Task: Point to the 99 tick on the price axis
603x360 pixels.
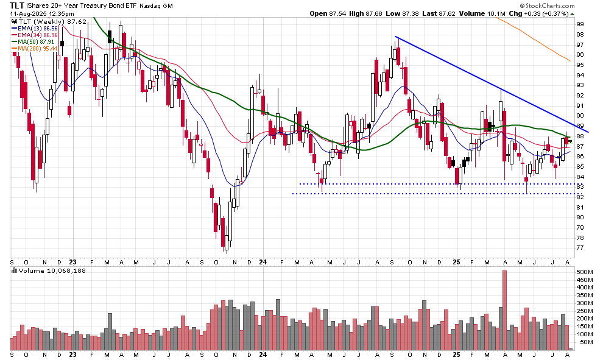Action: coord(580,24)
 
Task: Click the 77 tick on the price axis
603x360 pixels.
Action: coord(580,247)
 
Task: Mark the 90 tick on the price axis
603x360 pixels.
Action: coord(580,116)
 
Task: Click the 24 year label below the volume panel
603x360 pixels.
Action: coord(263,355)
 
